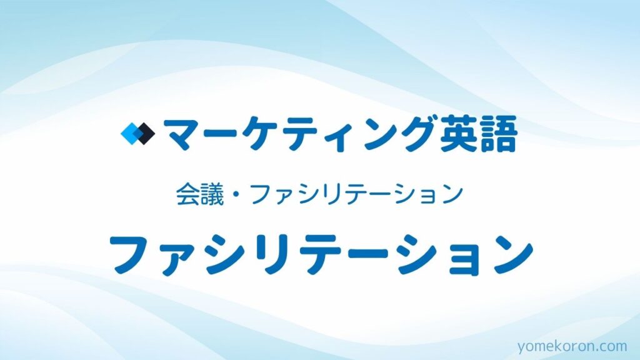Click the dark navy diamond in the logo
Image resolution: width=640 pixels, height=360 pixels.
coord(146,134)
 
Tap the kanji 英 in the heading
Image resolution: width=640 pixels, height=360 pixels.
coord(457,134)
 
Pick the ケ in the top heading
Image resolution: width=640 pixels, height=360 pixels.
coord(257,134)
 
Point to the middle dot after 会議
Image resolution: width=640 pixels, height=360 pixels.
coord(237,195)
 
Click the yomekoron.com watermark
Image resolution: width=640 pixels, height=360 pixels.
coord(572,346)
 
